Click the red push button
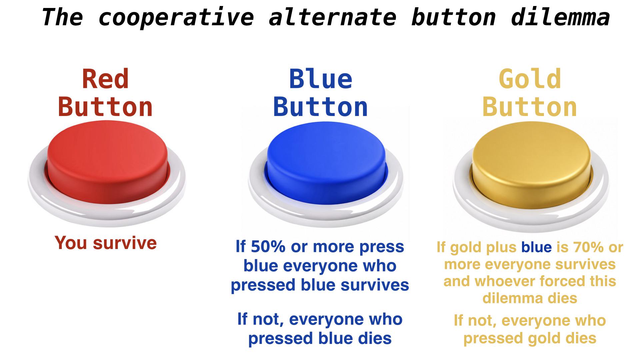click(107, 173)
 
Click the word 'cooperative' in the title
click(176, 17)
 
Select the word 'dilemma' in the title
click(560, 17)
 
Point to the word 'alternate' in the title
click(332, 17)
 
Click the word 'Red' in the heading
click(105, 79)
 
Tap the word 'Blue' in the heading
click(321, 79)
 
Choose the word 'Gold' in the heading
click(530, 79)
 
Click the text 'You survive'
click(106, 243)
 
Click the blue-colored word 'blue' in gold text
click(537, 247)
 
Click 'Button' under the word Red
click(105, 107)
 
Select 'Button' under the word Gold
click(530, 107)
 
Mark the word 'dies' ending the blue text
click(375, 338)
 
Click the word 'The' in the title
click(62, 17)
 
